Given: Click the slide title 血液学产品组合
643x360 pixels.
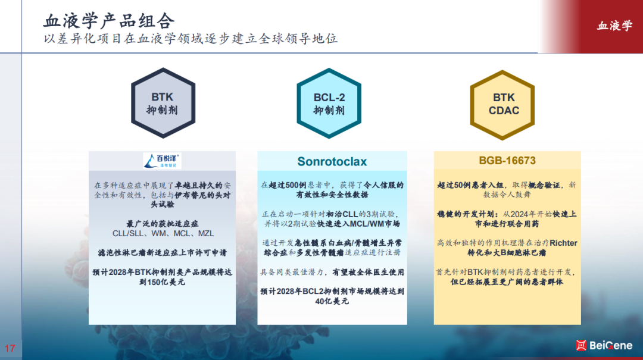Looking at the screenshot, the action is [109, 21].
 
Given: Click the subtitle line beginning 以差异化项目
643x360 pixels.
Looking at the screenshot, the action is [191, 39].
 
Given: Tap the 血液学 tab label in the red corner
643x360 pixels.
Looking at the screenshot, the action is [614, 26].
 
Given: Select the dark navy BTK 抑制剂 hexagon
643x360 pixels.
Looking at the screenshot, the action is [163, 103].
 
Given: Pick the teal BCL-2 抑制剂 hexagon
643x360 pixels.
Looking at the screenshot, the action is [329, 104].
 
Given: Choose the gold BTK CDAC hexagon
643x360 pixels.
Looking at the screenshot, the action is [502, 105].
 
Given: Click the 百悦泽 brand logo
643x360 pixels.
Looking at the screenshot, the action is [163, 161].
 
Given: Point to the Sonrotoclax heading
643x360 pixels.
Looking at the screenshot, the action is [332, 161].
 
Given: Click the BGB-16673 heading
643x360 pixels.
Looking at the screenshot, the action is [507, 160].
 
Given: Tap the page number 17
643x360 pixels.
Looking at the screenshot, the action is [10, 349].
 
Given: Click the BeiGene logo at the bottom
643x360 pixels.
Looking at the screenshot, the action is [604, 346].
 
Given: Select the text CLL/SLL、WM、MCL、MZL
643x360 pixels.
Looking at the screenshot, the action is [163, 234].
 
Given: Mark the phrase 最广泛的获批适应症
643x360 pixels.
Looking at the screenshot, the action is [163, 224].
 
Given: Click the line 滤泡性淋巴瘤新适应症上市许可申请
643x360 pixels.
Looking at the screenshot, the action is [163, 253].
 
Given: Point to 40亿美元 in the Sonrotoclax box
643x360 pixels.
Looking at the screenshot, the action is [332, 301].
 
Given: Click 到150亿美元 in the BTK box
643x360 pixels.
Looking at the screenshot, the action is [162, 282].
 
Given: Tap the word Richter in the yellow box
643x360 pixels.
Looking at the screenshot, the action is [563, 243].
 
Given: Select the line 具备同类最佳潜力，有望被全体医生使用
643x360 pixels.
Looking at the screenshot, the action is [332, 273].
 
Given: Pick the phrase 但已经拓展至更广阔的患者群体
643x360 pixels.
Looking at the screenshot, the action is [507, 282].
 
